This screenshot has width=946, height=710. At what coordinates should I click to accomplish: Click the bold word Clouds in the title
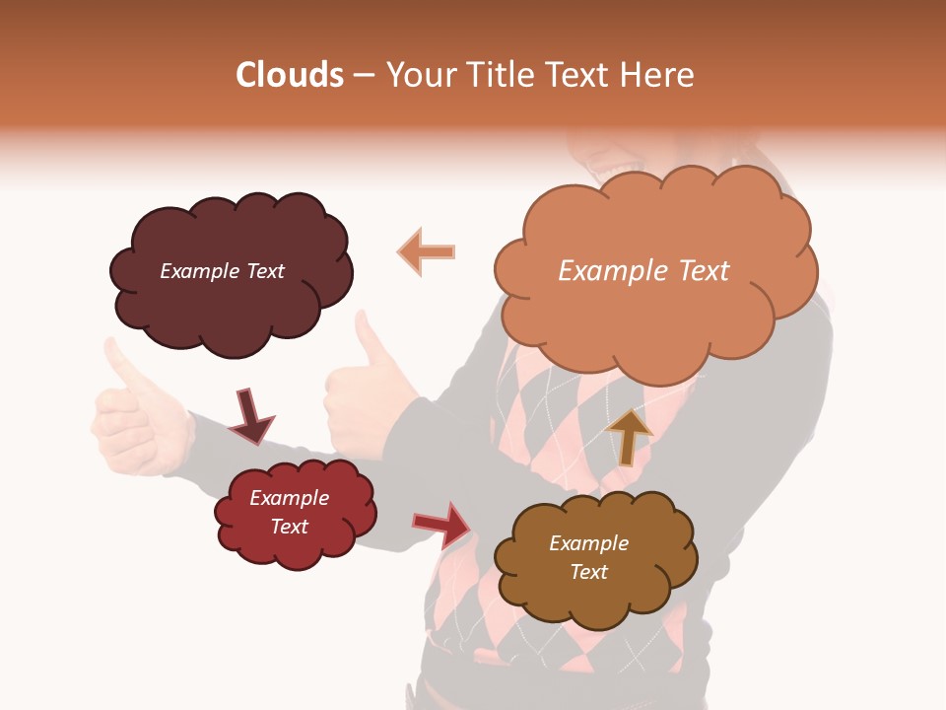(290, 75)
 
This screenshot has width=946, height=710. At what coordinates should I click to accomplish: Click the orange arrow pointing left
(426, 251)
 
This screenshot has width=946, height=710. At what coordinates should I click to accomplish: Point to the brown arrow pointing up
(628, 435)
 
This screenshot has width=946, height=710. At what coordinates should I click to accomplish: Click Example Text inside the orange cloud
(643, 271)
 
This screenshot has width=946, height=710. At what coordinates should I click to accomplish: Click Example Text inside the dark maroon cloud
(222, 271)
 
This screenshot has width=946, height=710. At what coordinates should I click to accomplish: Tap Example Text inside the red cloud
(290, 512)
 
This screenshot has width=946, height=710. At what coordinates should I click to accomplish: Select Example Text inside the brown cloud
(588, 557)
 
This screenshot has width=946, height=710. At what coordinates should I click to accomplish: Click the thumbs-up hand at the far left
(138, 414)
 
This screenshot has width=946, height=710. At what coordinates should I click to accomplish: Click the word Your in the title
(418, 75)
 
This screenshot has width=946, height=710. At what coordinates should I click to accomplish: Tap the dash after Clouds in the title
(363, 76)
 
